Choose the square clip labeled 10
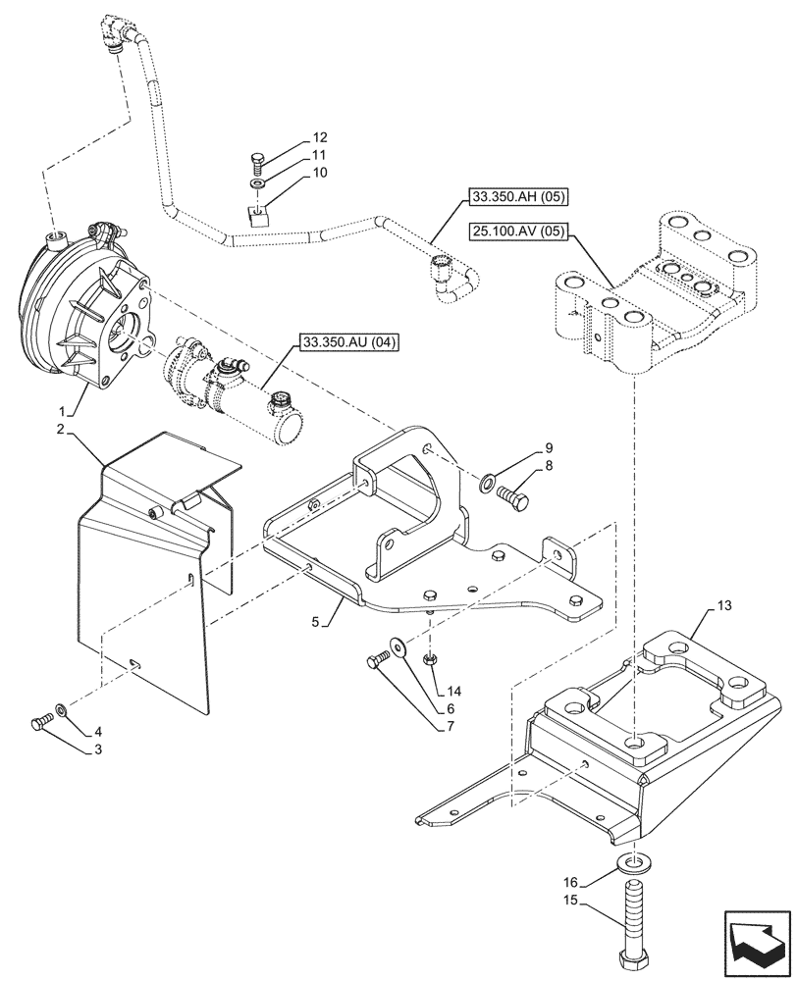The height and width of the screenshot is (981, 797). pos(257,213)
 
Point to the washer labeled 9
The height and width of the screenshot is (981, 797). pos(488,483)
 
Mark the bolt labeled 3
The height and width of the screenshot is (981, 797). pos(40,723)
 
